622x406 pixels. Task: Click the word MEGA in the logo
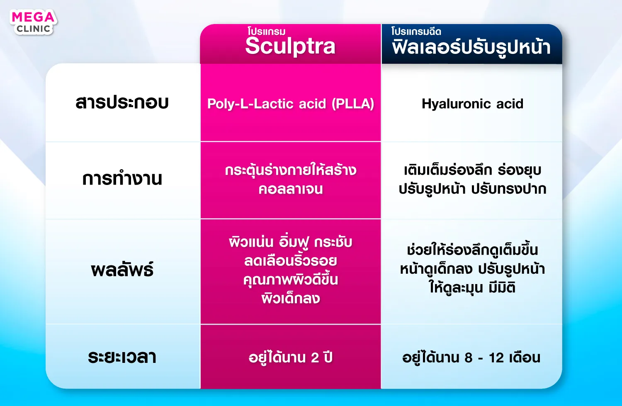[x=33, y=17]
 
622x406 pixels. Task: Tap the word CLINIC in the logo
[x=33, y=29]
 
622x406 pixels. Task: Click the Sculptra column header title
[x=290, y=46]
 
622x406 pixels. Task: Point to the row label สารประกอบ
[x=122, y=102]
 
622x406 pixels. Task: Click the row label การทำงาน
[x=122, y=178]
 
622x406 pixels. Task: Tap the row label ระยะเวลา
[x=122, y=357]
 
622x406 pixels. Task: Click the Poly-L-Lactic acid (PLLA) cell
[x=291, y=104]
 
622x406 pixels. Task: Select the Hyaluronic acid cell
[x=472, y=104]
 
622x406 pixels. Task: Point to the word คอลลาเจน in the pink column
[x=291, y=189]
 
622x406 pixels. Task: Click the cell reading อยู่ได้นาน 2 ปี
[x=290, y=357]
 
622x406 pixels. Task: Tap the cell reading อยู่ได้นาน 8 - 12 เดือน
[x=471, y=357]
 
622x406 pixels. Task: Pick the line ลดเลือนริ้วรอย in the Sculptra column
[x=291, y=260]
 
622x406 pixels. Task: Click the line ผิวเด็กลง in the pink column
[x=291, y=299]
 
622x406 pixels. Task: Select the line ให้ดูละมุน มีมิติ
[x=472, y=287]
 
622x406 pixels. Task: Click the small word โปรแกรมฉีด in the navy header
[x=416, y=32]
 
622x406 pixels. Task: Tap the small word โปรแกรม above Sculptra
[x=267, y=32]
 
